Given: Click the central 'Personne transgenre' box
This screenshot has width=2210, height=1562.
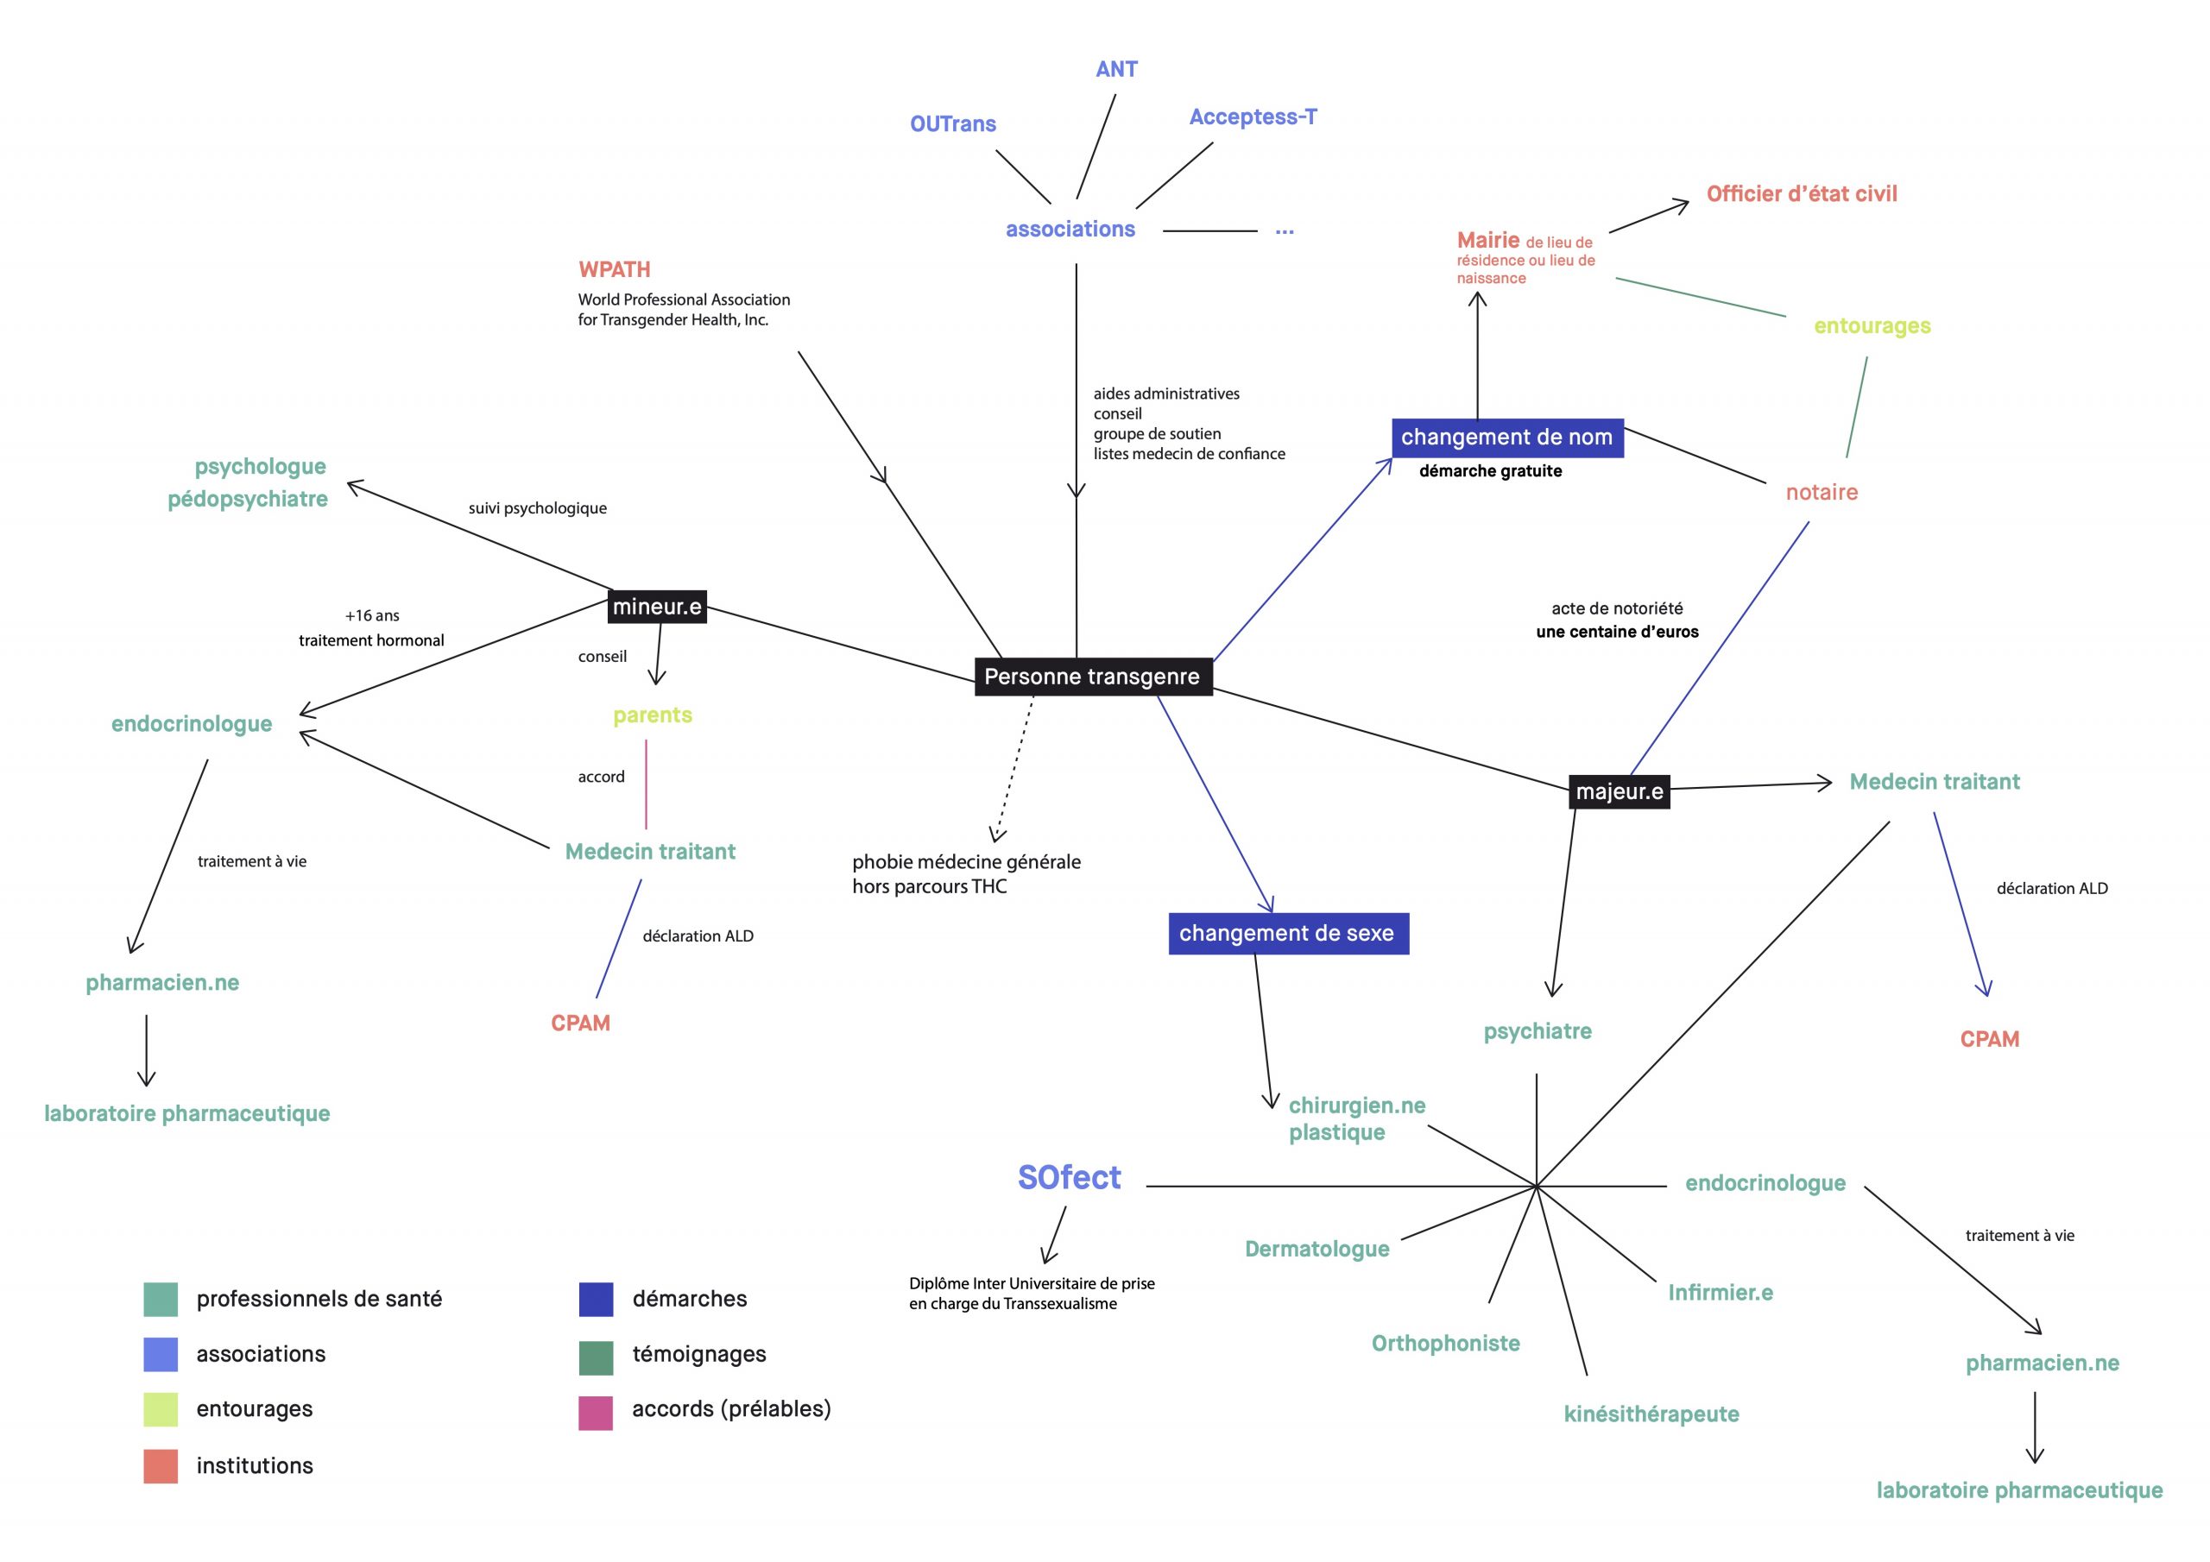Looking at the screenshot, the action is [x=1094, y=677].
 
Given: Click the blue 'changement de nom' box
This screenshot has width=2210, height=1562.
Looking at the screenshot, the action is [x=1507, y=438].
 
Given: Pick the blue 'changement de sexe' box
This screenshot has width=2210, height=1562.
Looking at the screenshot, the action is [x=1288, y=934].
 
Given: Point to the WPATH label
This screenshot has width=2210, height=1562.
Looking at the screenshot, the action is [x=614, y=269].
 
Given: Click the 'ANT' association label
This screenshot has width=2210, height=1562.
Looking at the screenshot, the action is [x=1116, y=69].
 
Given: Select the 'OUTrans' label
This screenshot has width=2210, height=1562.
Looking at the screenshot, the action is [x=953, y=124].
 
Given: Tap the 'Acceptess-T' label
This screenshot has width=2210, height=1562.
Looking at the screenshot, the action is [x=1253, y=117].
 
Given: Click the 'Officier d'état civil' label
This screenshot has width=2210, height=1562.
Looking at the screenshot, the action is [x=1802, y=193].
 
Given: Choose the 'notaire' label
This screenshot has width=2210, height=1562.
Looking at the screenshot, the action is [x=1822, y=493].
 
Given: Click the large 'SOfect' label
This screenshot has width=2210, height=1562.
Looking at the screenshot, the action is [x=1070, y=1178].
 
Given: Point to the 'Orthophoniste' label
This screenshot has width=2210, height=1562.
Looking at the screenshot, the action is [x=1446, y=1344].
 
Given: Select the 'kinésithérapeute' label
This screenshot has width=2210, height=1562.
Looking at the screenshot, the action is [x=1651, y=1414].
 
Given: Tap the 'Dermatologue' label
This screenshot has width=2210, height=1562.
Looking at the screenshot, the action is [x=1317, y=1250].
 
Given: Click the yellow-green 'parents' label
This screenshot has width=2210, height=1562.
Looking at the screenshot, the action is [x=653, y=716].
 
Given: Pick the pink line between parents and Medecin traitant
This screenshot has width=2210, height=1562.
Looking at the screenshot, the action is [x=646, y=784].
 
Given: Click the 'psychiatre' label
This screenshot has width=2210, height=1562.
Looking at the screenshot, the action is [x=1538, y=1032].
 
